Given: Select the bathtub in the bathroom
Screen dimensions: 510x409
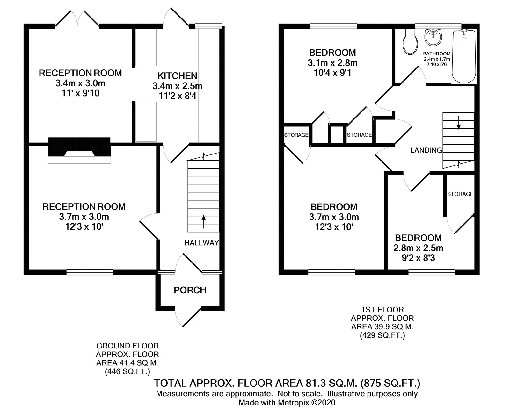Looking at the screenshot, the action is [x=464, y=57].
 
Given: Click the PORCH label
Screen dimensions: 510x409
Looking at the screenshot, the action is [x=190, y=290].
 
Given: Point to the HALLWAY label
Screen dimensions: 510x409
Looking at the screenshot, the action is [x=201, y=243].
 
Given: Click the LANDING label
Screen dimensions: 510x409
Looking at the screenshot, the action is [x=426, y=150].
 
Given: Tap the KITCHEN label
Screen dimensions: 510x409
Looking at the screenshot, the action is [x=177, y=76].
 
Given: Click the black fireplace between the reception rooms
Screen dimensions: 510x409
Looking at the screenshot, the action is [x=79, y=147].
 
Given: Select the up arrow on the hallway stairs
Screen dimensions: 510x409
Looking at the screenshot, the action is [x=203, y=222].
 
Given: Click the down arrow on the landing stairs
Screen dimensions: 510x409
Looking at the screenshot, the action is [x=459, y=123].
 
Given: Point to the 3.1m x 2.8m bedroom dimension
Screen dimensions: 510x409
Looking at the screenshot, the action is [x=332, y=63].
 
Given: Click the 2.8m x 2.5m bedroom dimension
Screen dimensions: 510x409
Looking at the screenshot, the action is [x=418, y=248].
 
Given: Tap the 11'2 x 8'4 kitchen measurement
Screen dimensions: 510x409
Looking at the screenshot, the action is [x=177, y=96].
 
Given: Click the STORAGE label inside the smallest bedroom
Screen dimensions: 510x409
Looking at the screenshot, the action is [x=460, y=194].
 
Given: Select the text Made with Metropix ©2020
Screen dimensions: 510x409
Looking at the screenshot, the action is [x=287, y=403].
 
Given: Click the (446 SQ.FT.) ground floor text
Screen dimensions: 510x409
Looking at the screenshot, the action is [x=127, y=372].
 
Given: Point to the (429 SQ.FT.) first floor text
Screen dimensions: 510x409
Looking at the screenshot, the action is [x=382, y=335].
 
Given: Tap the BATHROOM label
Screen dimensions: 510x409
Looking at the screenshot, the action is [x=437, y=54].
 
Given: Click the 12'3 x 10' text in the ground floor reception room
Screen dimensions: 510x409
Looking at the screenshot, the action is [x=84, y=227].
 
